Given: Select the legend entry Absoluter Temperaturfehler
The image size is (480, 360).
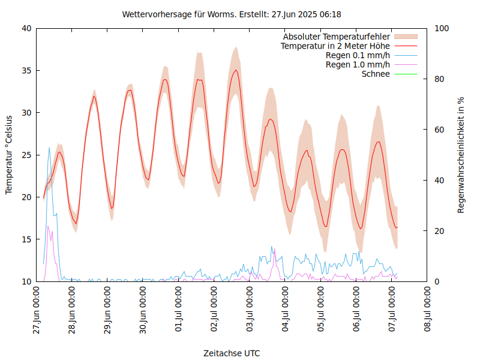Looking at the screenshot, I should (x=337, y=37).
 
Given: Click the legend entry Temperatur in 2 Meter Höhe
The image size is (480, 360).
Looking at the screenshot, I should (x=335, y=46).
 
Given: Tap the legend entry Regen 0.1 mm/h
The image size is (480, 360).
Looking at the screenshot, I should (x=358, y=55).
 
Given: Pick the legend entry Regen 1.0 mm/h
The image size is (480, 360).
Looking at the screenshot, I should (x=358, y=65).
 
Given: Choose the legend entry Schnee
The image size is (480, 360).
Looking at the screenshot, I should (x=376, y=74).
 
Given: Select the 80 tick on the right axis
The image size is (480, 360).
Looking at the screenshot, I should (x=439, y=79).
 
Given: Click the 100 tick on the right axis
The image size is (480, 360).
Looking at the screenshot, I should (x=441, y=28).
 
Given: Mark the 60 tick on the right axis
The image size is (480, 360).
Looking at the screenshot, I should (x=439, y=130).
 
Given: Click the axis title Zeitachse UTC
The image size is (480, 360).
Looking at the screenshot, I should (x=232, y=353).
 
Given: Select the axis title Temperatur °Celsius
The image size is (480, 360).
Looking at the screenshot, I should (x=9, y=155).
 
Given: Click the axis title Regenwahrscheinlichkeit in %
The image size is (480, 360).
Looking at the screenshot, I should (x=461, y=155).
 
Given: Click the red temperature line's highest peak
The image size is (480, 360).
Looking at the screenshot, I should (x=236, y=70).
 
